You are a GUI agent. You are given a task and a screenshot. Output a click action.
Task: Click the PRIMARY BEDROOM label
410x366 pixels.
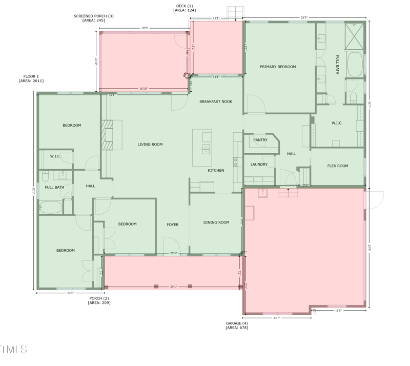[277, 67]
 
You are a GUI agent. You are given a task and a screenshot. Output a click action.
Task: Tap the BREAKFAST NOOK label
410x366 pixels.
[216, 101]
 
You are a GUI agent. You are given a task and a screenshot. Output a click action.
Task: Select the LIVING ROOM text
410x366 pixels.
[150, 145]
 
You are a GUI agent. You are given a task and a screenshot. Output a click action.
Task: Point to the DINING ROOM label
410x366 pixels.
[216, 222]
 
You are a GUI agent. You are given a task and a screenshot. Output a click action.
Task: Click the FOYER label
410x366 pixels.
[173, 225]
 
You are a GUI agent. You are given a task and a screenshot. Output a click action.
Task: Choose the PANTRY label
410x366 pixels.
[260, 140]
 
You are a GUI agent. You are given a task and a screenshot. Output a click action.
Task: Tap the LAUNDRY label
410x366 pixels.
[259, 165]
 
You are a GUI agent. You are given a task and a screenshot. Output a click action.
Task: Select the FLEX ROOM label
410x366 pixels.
[338, 166]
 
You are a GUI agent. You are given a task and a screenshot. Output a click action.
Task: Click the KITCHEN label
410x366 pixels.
[216, 170]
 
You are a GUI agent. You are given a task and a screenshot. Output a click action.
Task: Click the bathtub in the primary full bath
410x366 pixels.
[355, 64]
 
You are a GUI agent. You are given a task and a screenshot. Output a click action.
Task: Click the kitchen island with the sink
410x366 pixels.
[202, 148]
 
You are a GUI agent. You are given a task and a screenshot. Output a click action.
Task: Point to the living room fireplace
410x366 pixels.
[106, 135]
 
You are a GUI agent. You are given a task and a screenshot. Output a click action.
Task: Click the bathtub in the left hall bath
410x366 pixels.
[51, 208]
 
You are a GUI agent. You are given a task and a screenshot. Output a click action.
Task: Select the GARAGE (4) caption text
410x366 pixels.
[237, 325]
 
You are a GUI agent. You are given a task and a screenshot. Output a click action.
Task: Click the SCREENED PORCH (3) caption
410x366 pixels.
[94, 18]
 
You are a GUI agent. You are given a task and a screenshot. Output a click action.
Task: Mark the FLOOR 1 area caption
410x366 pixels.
[31, 78]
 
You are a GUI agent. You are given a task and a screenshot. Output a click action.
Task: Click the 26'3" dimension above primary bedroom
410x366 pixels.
[304, 18]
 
